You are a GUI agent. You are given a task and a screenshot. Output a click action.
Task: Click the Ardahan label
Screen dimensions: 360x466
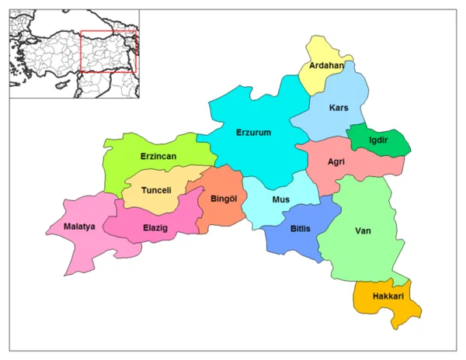[x=326, y=65]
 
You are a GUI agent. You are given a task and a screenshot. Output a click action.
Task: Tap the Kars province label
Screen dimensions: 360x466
[x=339, y=107]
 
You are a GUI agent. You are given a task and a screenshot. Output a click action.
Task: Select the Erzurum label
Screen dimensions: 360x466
[x=253, y=133]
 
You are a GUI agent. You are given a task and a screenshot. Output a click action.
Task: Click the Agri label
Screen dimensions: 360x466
[x=336, y=162]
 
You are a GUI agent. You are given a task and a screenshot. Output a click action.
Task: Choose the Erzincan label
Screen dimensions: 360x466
[x=158, y=156]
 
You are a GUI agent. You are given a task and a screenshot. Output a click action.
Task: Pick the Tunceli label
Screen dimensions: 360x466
[x=158, y=191]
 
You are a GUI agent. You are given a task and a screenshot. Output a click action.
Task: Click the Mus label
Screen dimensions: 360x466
[x=280, y=199]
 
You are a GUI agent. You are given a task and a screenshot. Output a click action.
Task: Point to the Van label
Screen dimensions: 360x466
[x=363, y=230]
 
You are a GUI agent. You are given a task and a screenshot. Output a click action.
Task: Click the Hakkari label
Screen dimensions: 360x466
[x=388, y=296]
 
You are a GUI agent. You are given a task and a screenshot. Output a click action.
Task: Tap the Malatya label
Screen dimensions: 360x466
[x=78, y=227]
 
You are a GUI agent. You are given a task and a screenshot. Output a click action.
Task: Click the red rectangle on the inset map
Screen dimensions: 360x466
[x=108, y=33]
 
